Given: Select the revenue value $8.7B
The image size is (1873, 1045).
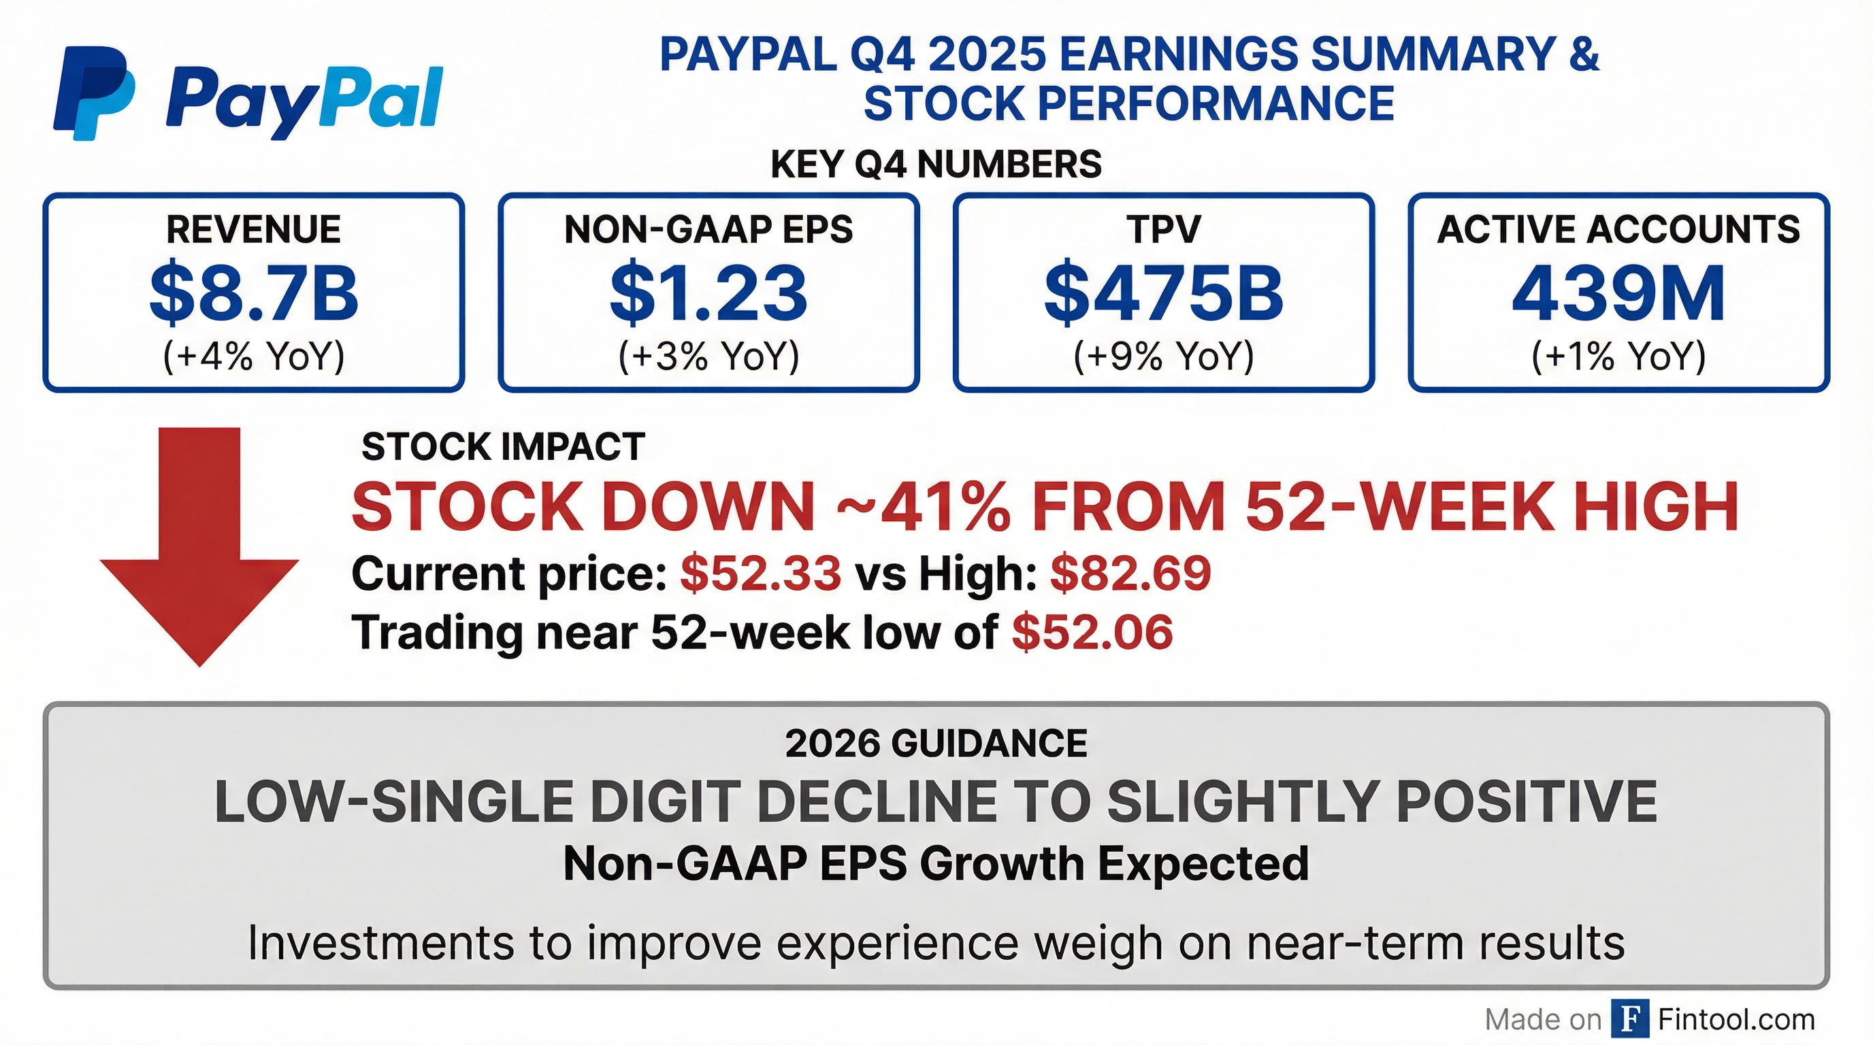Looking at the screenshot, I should [x=254, y=294].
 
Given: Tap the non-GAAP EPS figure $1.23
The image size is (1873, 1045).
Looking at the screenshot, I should [x=709, y=294].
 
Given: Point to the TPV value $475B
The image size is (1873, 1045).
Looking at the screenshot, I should [x=1163, y=294].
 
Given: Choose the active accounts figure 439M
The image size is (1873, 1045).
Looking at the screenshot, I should [x=1618, y=294].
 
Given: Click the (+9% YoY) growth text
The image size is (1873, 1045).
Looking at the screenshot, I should [x=1163, y=356].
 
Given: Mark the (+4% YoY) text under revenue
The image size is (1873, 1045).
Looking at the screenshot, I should [x=254, y=356].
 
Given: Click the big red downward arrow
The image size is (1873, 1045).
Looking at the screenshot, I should [x=199, y=545].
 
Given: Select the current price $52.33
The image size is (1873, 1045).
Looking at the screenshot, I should [x=760, y=574].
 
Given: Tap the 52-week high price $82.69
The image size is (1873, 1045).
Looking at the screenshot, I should [x=1130, y=574].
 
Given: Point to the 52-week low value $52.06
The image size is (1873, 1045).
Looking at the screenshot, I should [x=1092, y=632].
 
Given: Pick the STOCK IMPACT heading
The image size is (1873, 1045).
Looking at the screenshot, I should [x=503, y=446].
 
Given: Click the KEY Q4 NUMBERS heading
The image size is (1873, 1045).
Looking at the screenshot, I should [x=936, y=164].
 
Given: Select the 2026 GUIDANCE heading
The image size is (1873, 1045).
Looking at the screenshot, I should [x=936, y=744].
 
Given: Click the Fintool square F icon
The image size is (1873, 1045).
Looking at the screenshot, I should [x=1629, y=1019].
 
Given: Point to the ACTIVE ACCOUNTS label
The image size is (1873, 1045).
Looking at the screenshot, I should [x=1618, y=230].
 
